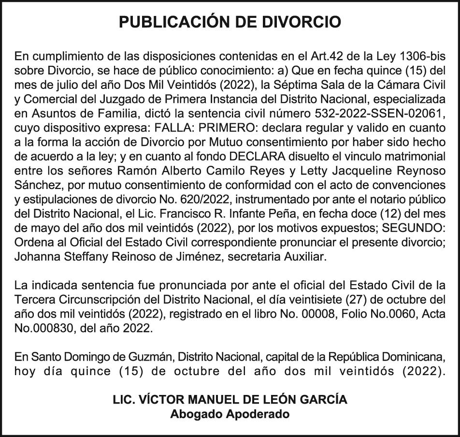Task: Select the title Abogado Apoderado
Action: (x=230, y=414)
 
